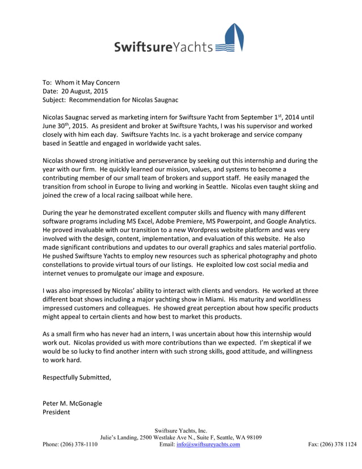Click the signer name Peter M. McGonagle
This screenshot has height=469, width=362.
click(x=72, y=403)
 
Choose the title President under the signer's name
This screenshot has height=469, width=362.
click(x=57, y=412)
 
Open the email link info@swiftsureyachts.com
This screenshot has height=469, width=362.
click(x=208, y=445)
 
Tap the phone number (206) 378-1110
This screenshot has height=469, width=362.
click(x=79, y=445)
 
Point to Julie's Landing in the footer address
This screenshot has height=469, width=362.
click(x=119, y=437)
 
